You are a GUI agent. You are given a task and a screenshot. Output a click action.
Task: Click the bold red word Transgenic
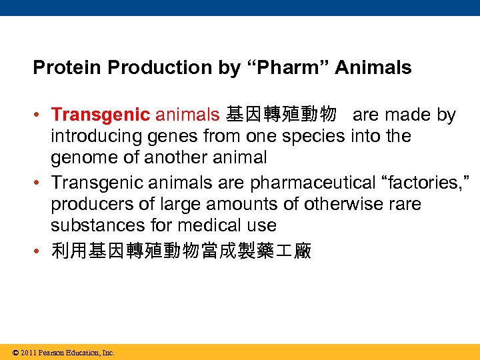(x=101, y=115)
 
